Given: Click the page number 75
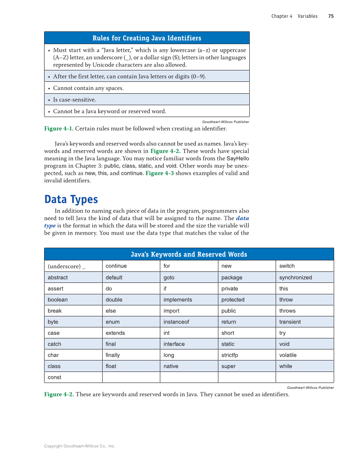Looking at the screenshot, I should (331, 16).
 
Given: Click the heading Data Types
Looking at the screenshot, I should (71, 199).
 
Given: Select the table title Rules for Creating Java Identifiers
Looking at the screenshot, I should (147, 38).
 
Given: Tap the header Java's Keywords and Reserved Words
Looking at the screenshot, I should (189, 254).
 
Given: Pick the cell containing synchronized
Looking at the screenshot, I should (296, 277).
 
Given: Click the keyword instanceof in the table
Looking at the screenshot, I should (176, 322).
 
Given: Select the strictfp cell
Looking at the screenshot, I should (230, 355).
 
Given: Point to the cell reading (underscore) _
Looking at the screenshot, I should (67, 266).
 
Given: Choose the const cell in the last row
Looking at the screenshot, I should (55, 377).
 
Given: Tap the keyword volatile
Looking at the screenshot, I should (288, 355).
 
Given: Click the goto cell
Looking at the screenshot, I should (169, 277).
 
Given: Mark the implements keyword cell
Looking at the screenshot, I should (178, 299).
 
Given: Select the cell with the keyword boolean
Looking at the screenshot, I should (58, 299).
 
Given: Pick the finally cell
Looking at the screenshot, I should (113, 355).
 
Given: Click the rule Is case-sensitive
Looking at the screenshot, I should (74, 100).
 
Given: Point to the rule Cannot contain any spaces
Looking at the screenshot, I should (88, 88).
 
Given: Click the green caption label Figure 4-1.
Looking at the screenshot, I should (59, 129).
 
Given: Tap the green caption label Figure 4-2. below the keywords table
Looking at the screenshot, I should (59, 394).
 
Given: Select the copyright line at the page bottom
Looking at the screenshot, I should (80, 446).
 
